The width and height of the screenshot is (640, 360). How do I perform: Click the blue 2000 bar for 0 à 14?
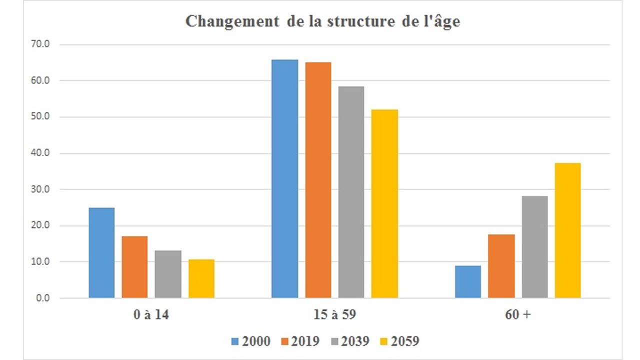(x=101, y=253)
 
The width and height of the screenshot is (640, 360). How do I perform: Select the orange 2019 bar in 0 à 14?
(x=134, y=267)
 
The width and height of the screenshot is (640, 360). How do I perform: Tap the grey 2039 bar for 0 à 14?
(x=168, y=274)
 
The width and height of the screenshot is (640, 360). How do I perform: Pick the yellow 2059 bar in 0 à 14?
(x=201, y=278)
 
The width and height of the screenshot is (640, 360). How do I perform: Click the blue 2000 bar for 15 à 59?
(x=284, y=179)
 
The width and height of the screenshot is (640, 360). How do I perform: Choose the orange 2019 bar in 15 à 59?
(x=318, y=180)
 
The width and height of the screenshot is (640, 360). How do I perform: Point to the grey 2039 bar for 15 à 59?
(x=351, y=192)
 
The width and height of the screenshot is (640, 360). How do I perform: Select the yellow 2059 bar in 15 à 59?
(x=384, y=204)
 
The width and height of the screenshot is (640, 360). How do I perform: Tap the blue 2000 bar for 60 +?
(x=468, y=281)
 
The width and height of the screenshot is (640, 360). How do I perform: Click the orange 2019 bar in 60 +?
(x=501, y=266)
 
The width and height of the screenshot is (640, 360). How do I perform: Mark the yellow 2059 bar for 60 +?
(x=567, y=230)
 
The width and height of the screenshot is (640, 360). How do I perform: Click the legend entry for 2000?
(x=250, y=341)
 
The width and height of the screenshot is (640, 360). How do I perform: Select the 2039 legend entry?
(x=349, y=341)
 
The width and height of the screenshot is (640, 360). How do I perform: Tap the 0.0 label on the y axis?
(x=41, y=298)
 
